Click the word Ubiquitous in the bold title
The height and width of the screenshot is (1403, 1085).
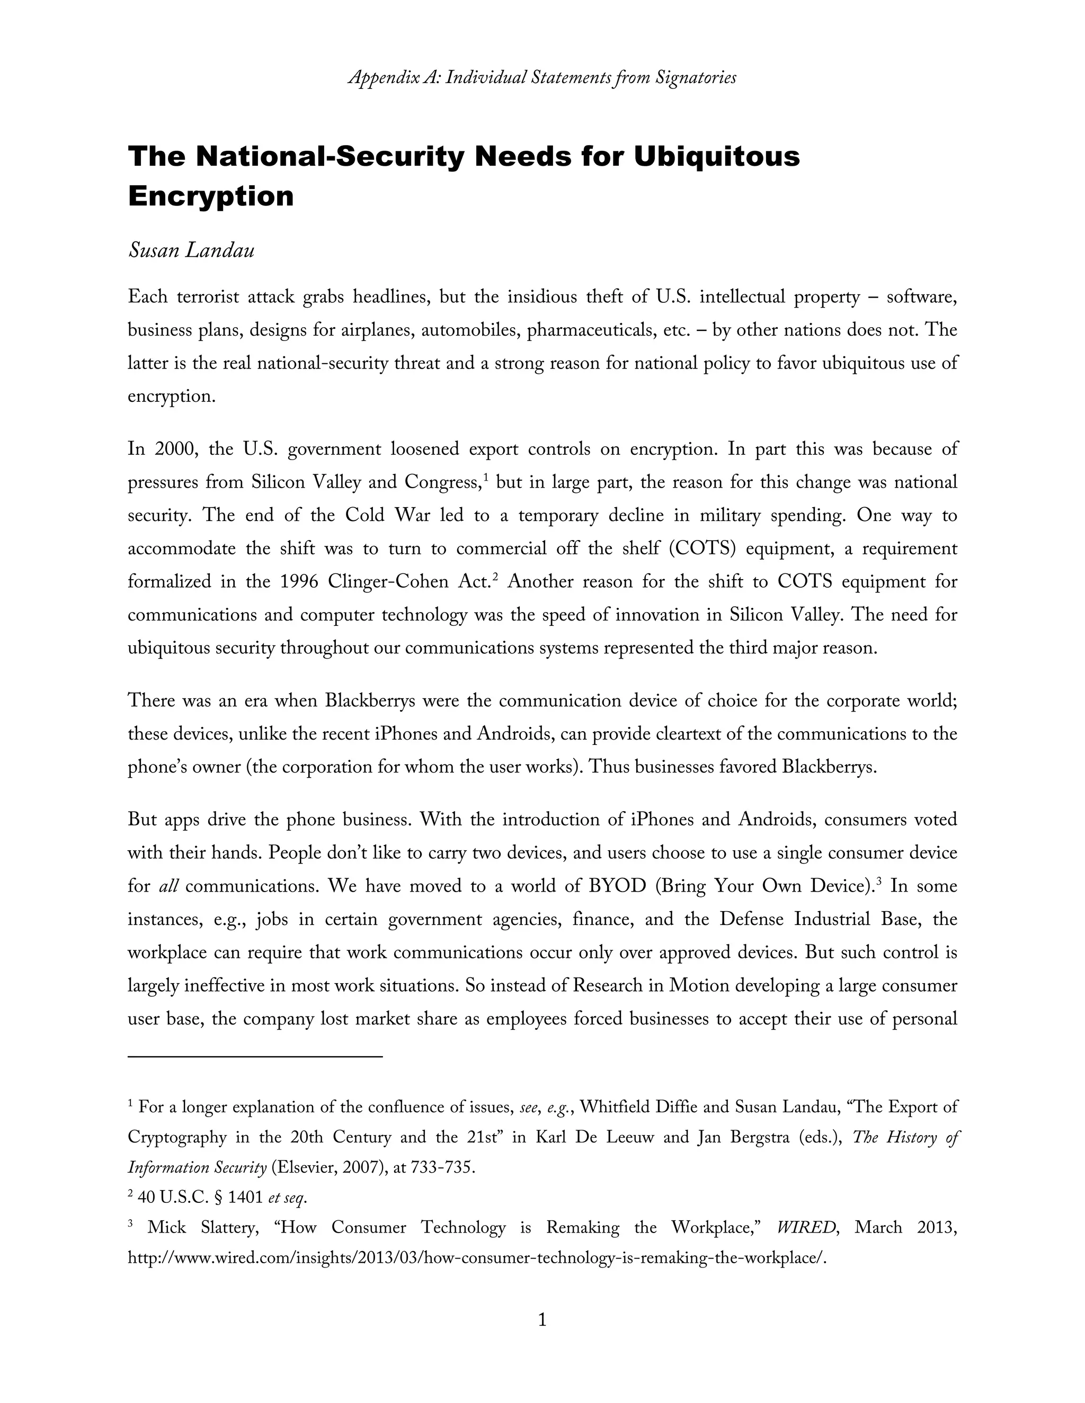click(716, 157)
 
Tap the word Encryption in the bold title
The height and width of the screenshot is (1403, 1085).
click(211, 195)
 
